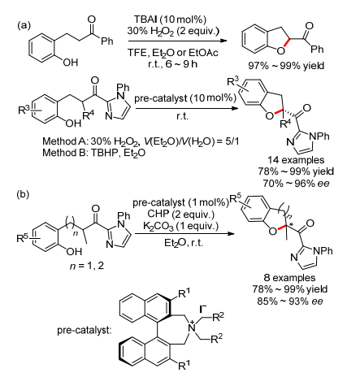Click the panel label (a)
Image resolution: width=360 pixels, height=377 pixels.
24,25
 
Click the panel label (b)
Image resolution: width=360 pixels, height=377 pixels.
23,194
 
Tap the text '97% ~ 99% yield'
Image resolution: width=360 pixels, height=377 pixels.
286,66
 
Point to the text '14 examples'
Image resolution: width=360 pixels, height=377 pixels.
296,160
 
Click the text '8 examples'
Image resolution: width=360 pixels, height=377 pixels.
289,278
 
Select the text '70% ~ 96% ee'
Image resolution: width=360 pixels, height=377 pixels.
296,184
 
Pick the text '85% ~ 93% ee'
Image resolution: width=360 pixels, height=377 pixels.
290,301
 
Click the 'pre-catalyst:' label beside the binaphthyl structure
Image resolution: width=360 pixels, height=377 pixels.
85,331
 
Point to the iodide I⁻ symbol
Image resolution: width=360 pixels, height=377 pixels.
202,309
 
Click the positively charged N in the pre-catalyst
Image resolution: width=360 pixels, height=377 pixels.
192,327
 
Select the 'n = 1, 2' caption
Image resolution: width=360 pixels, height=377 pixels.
87,266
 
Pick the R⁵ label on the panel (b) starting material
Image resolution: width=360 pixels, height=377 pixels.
22,238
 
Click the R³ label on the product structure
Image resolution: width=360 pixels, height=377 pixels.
233,81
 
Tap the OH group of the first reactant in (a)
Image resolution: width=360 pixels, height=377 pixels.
71,63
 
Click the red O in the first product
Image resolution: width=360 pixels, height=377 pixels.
281,50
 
